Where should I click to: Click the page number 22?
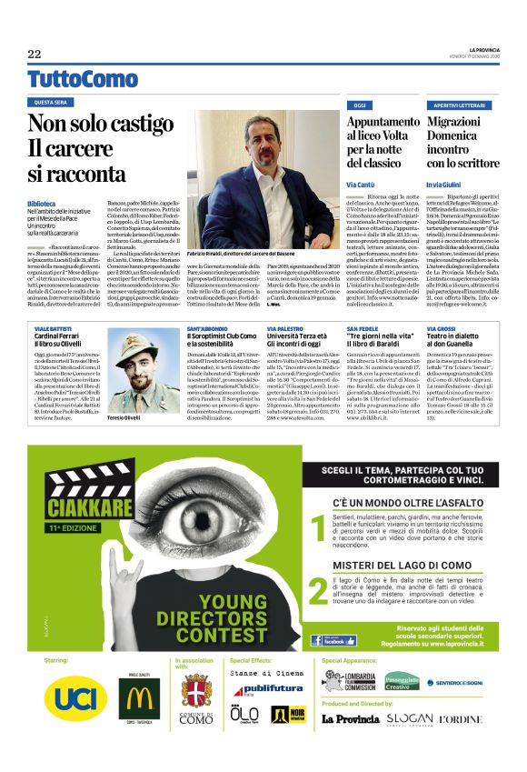(35, 55)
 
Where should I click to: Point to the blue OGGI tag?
(361, 105)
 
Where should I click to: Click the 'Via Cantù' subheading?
(363, 184)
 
